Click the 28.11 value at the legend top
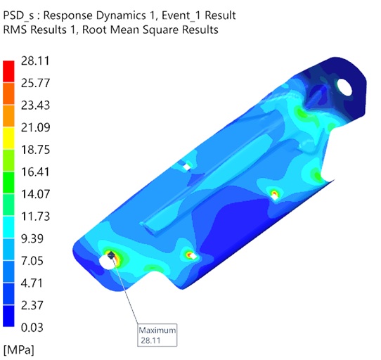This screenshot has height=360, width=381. (35, 60)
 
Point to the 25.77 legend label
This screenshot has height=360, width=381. (35, 83)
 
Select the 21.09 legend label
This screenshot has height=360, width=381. (35, 127)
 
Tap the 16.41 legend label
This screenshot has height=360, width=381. (35, 172)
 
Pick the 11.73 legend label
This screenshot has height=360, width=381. (35, 217)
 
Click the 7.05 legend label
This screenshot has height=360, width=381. (32, 261)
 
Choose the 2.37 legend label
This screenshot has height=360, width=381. (32, 305)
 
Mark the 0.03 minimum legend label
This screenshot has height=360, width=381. (32, 328)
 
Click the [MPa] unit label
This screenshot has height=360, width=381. (19, 350)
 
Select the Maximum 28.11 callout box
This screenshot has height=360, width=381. (157, 335)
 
